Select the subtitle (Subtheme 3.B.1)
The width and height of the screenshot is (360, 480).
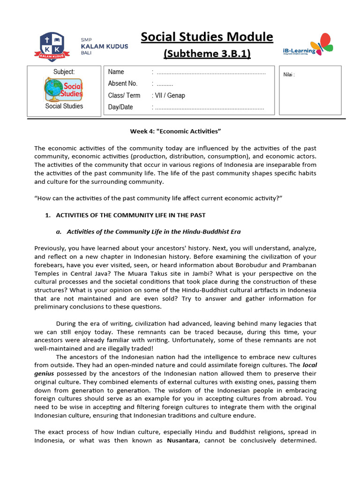207,54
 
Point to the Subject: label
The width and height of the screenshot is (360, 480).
64,72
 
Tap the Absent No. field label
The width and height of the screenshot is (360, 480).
122,83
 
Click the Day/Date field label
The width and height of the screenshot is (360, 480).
120,107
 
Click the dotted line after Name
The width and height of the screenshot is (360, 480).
210,73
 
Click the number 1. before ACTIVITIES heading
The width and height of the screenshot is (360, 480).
47,215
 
